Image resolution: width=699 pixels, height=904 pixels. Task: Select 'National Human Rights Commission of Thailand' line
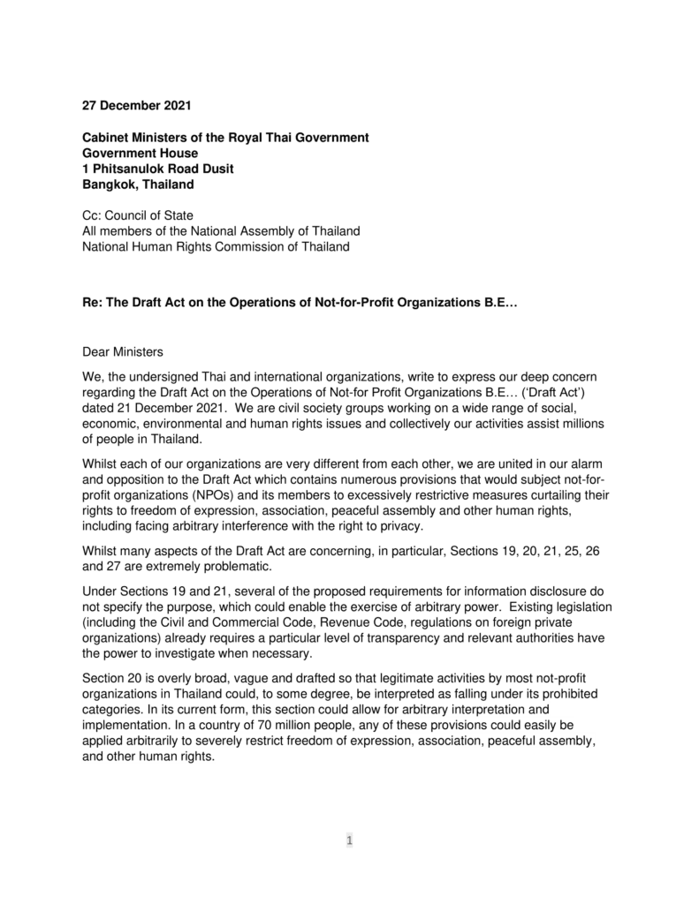pos(215,246)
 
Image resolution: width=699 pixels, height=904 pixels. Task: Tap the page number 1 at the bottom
pos(349,840)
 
